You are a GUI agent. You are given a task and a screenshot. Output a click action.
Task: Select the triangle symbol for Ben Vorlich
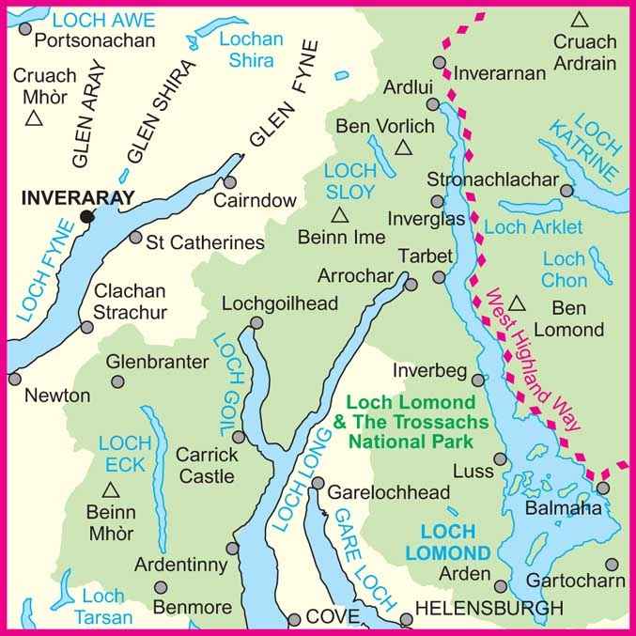pos(404,147)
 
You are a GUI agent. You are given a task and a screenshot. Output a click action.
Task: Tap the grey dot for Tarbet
pos(439,277)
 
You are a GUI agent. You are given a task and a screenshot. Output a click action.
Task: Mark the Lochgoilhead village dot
pos(256,323)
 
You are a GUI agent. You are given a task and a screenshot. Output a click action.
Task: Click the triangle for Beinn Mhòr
pos(110,489)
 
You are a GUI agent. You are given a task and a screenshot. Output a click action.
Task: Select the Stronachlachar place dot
pos(566,190)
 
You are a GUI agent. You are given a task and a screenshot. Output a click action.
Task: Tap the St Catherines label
pos(205,242)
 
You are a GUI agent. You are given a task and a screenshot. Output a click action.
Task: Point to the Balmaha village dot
pos(602,488)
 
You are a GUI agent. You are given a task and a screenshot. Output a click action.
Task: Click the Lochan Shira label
pos(249,49)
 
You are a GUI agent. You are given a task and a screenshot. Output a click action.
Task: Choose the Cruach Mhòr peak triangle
pos(35,117)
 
